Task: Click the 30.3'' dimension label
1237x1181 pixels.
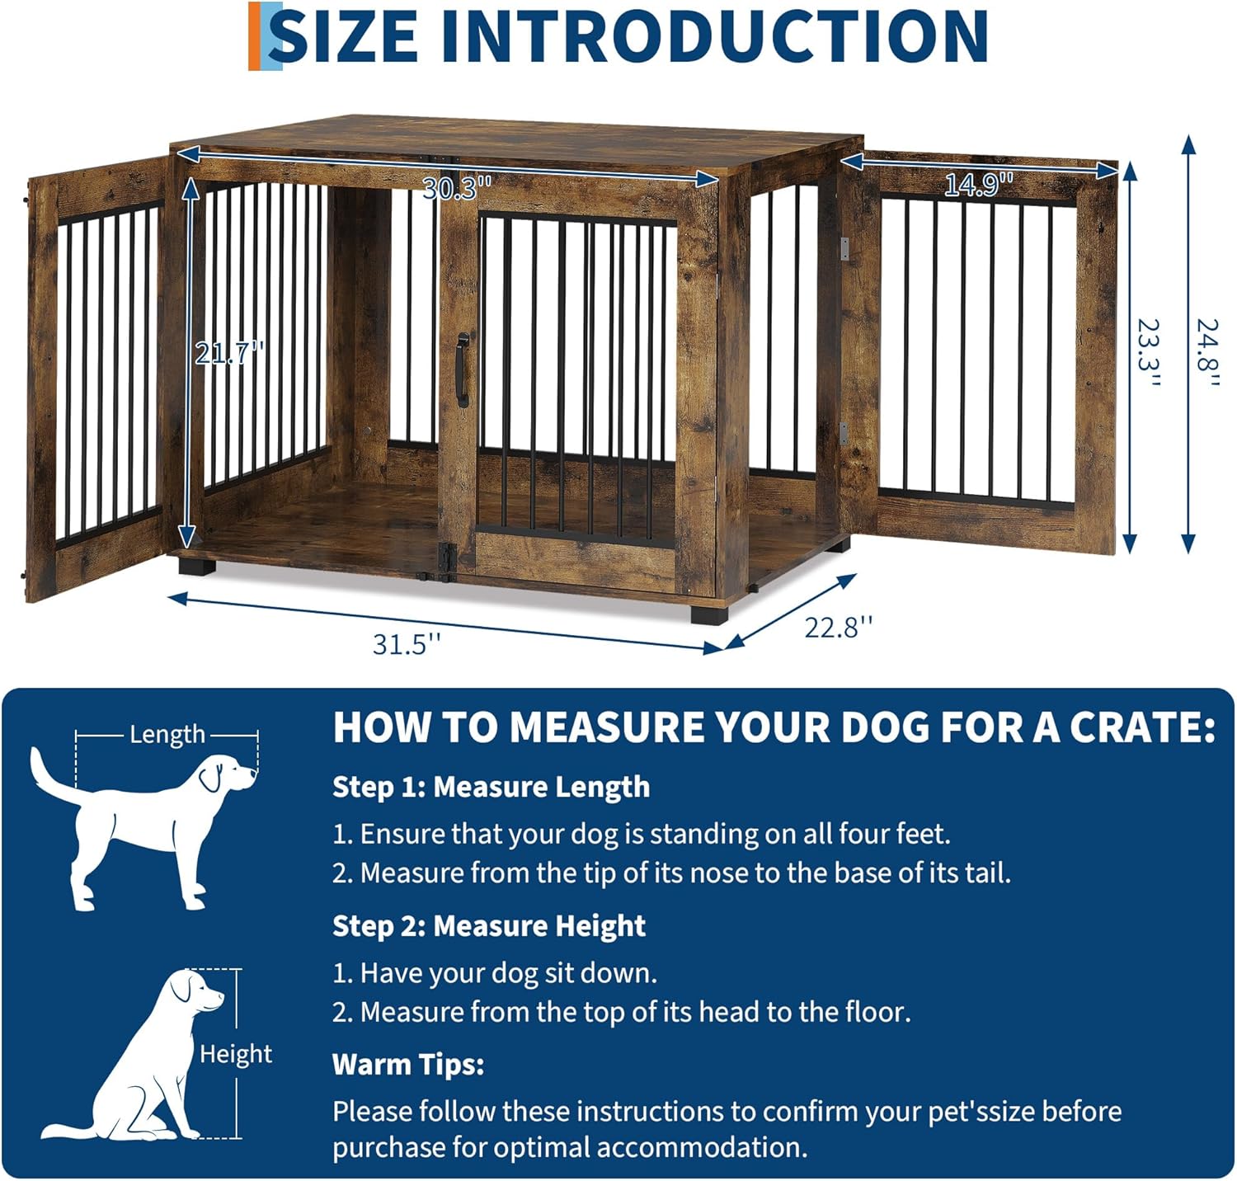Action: point(456,189)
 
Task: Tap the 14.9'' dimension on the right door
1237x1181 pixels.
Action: point(978,185)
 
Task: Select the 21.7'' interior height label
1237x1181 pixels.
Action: point(228,353)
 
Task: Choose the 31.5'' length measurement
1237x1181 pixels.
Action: point(407,643)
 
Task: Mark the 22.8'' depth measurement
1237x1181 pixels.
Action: point(838,628)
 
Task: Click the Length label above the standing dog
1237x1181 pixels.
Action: point(167,733)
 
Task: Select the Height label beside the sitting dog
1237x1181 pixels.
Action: point(236,1053)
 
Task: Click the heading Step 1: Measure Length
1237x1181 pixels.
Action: point(491,787)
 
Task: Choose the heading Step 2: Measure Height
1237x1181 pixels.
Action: point(488,925)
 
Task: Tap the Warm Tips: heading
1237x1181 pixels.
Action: point(408,1064)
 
